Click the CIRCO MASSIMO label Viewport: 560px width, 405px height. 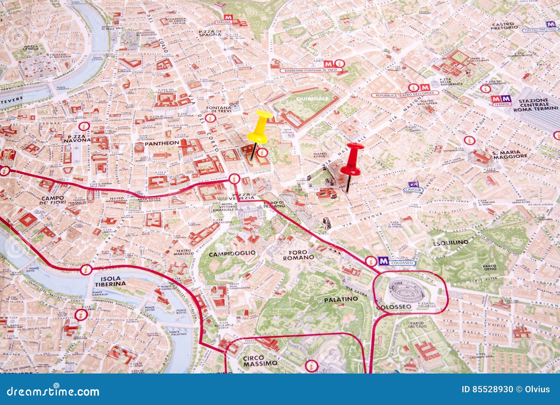click(x=260, y=361)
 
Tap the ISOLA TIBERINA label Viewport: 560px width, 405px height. click(x=110, y=281)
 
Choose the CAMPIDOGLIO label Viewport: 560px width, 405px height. click(x=232, y=254)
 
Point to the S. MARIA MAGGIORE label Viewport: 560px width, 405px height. click(x=510, y=155)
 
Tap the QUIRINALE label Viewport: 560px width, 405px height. click(x=313, y=99)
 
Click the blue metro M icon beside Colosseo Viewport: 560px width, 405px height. click(x=383, y=261)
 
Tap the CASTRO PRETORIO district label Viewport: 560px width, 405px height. click(x=504, y=26)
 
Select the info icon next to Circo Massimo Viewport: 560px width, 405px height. click(x=310, y=366)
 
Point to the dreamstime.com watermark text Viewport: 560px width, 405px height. click(x=53, y=391)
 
